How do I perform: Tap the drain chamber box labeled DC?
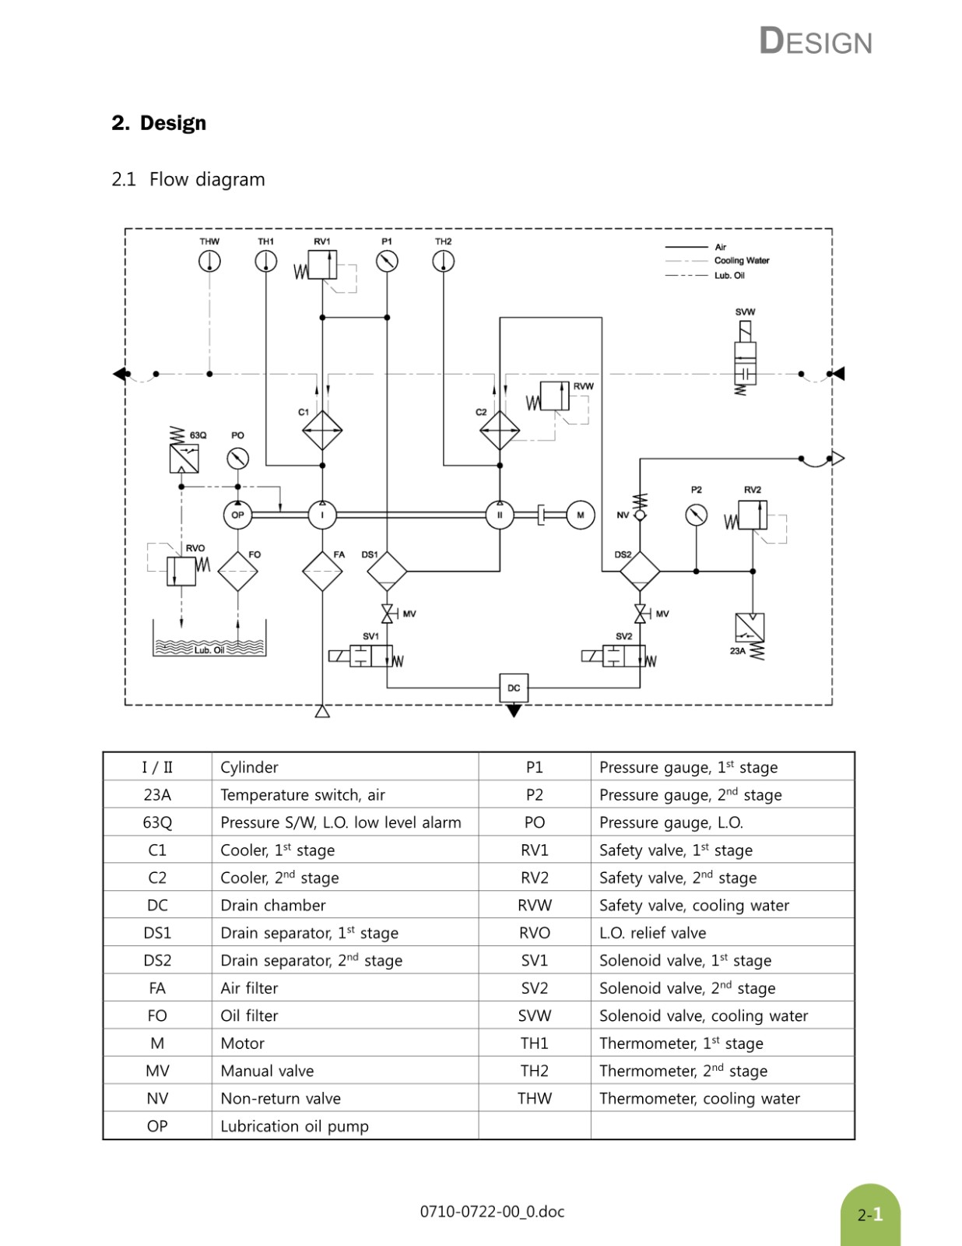click(514, 688)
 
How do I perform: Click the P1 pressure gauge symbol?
click(388, 262)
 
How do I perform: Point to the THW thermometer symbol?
click(209, 262)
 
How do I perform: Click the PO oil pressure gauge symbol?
click(238, 459)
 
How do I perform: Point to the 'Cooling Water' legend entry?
click(742, 260)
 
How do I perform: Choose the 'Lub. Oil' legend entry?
click(729, 275)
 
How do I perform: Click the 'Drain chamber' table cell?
click(273, 905)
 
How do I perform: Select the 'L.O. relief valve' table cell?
click(652, 932)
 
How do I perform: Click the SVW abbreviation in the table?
click(535, 1015)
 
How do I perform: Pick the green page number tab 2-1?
click(870, 1215)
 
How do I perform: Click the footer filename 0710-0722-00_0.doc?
click(492, 1212)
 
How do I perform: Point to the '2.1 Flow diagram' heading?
click(188, 179)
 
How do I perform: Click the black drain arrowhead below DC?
click(514, 711)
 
